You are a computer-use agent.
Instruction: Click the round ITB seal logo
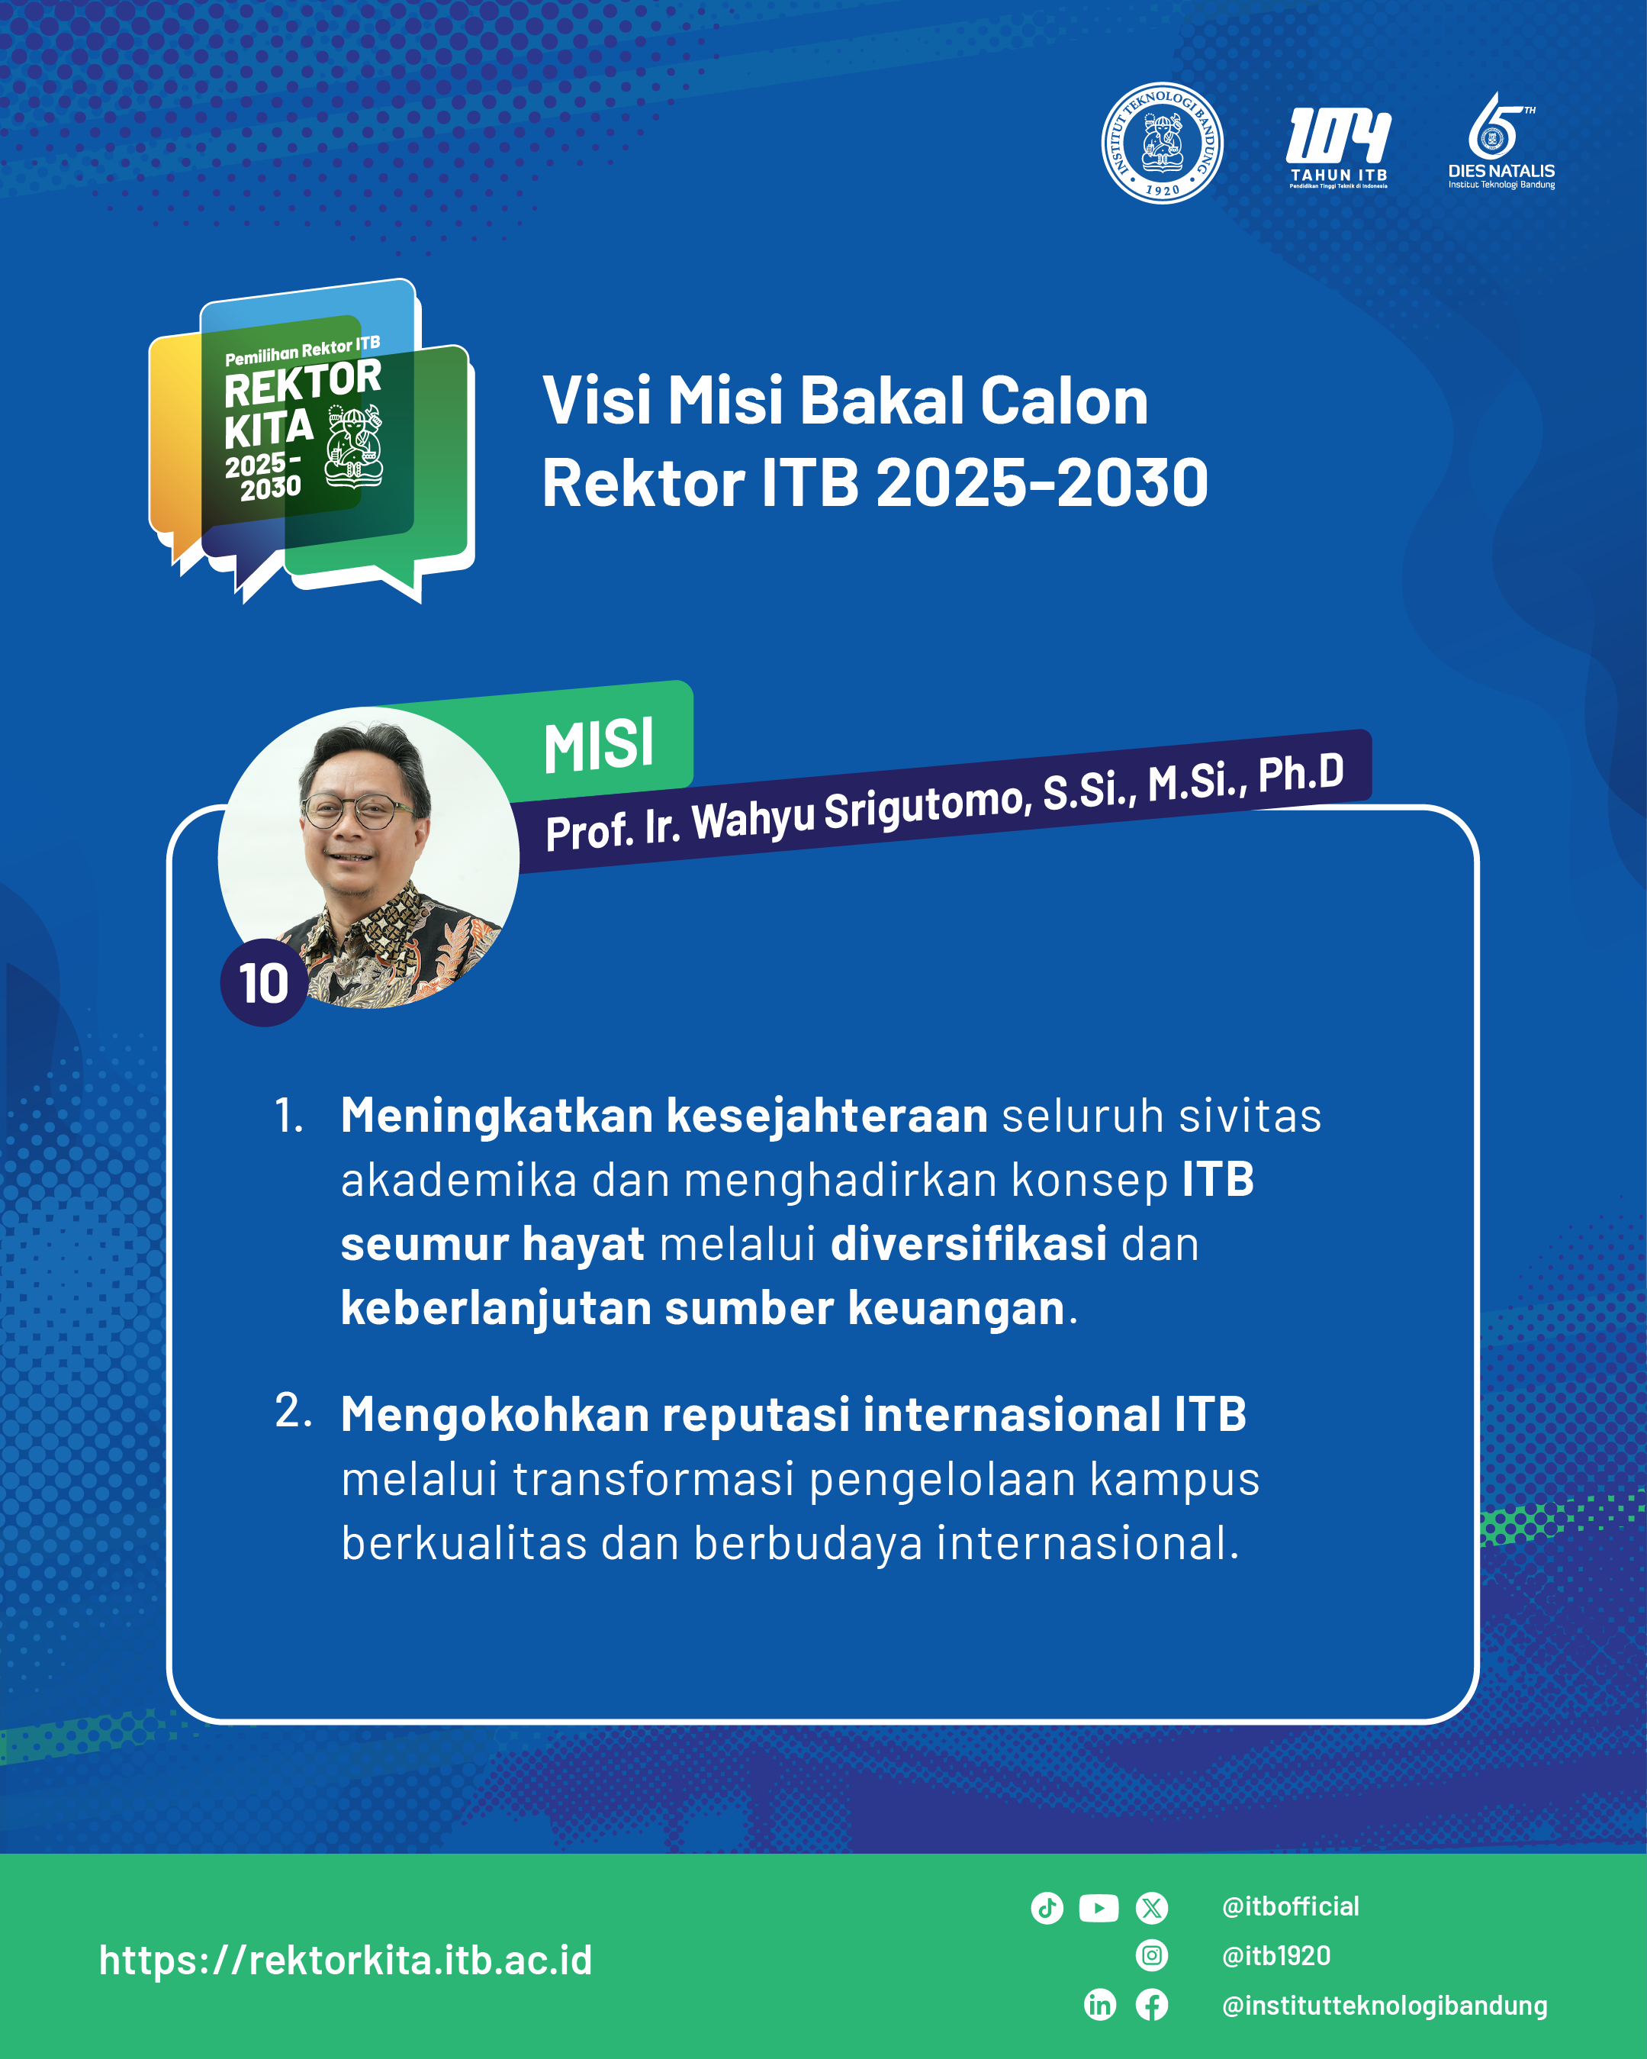[1162, 142]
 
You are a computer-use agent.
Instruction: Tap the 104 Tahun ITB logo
[1339, 148]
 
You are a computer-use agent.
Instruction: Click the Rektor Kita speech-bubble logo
[311, 440]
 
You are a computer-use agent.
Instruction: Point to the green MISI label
[599, 746]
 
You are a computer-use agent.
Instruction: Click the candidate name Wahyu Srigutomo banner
[944, 802]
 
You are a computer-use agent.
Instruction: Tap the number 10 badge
[263, 983]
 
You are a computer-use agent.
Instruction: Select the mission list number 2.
[293, 1410]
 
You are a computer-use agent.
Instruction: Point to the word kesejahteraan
[827, 1116]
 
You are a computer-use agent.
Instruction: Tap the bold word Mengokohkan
[496, 1414]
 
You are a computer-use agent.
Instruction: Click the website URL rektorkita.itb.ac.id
[346, 1960]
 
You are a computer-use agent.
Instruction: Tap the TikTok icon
[1047, 1908]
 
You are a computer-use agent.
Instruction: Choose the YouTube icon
[1099, 1908]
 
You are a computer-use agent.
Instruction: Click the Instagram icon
[1151, 1956]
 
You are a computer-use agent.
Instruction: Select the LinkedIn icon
[1100, 2005]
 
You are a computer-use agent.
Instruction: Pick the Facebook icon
[1151, 2005]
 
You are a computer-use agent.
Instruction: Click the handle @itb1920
[1275, 1956]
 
